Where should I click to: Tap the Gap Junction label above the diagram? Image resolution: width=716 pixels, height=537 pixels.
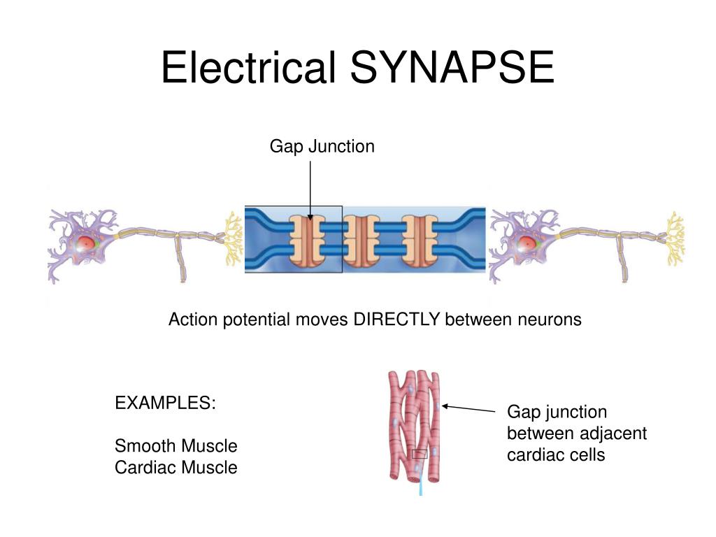tap(322, 146)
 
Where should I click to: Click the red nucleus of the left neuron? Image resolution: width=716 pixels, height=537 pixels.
tap(85, 243)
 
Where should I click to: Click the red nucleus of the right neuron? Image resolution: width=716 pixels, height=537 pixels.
tap(527, 243)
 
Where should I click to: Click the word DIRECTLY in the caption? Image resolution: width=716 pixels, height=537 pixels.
tap(396, 320)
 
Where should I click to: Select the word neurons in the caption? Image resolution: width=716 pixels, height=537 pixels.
tap(550, 320)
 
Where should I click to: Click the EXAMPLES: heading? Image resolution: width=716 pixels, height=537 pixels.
tap(165, 403)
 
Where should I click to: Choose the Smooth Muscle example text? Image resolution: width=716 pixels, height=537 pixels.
tap(176, 445)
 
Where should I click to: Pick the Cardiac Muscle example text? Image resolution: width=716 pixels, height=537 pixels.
tap(176, 467)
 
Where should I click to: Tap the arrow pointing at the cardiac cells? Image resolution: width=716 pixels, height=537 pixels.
tap(468, 408)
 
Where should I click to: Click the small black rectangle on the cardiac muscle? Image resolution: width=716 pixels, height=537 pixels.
tap(420, 454)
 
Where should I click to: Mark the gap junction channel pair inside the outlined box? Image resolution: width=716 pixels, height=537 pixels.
tap(309, 240)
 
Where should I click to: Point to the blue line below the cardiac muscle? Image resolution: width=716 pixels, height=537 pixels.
tap(421, 487)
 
